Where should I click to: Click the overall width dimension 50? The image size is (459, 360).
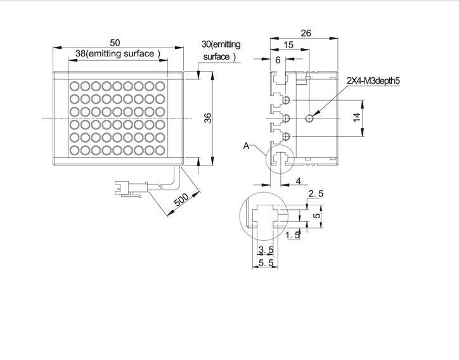[x=115, y=42]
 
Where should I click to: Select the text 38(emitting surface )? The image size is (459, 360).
[x=118, y=54]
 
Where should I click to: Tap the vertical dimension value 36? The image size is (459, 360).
[x=207, y=118]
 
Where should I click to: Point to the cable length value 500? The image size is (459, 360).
[x=181, y=200]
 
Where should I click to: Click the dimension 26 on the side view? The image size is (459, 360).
[x=306, y=33]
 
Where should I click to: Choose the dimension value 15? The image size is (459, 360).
[x=288, y=45]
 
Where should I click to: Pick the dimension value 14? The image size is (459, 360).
[x=356, y=118]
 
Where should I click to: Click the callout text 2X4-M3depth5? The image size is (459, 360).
[x=373, y=80]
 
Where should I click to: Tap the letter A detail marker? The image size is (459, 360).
[x=246, y=146]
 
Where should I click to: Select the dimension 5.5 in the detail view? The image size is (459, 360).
[x=266, y=263]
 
